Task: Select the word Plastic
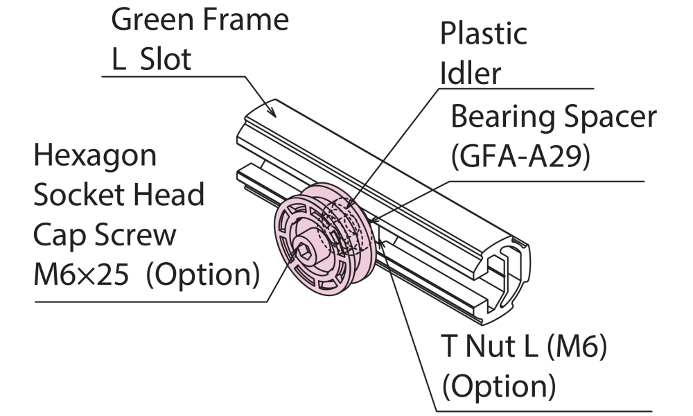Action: (484, 33)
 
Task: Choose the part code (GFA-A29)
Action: (520, 157)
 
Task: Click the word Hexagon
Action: (96, 155)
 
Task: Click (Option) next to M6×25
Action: (201, 276)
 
